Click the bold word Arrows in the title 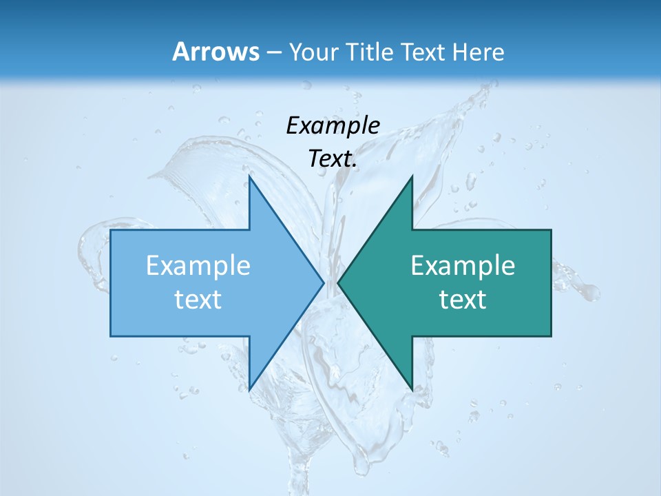click(216, 52)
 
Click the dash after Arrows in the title click(273, 52)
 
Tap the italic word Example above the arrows click(333, 125)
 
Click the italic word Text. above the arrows click(333, 159)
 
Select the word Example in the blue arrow click(198, 266)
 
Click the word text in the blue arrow click(198, 300)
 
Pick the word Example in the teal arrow click(463, 266)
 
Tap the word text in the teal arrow click(463, 300)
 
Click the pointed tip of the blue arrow click(324, 282)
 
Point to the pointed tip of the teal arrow click(338, 282)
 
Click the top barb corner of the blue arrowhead click(249, 176)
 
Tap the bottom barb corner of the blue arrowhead click(249, 390)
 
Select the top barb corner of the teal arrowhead click(412, 176)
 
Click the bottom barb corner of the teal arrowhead click(412, 390)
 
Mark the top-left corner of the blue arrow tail click(111, 230)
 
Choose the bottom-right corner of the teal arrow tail click(551, 336)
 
